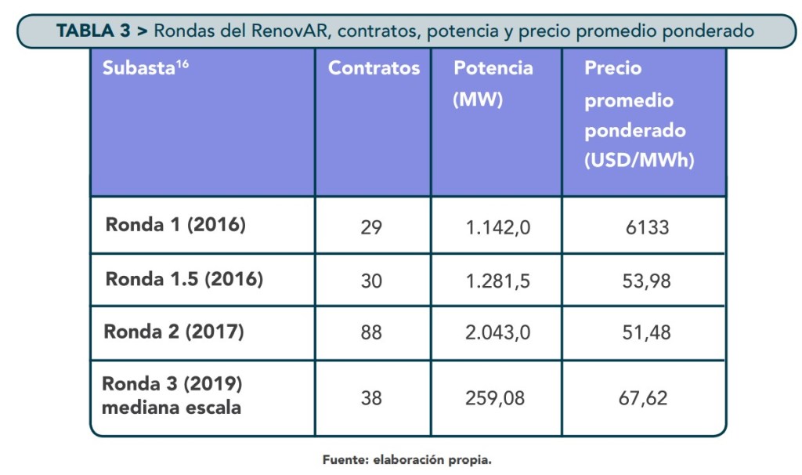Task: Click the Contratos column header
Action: click(x=374, y=68)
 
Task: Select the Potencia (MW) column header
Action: click(x=493, y=84)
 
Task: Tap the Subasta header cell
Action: click(x=145, y=68)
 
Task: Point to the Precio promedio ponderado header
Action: click(x=638, y=114)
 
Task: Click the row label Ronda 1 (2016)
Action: click(x=175, y=226)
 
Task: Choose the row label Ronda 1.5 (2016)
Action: click(x=184, y=279)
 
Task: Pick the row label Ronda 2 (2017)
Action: click(x=174, y=332)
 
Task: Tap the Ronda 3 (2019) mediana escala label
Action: click(x=172, y=397)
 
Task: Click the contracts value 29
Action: click(x=371, y=227)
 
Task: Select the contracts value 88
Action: click(x=371, y=332)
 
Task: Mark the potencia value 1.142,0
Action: click(x=498, y=227)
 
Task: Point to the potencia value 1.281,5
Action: click(x=498, y=280)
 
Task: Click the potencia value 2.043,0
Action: click(x=498, y=332)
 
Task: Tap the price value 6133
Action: click(x=647, y=227)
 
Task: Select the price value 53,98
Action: click(x=646, y=280)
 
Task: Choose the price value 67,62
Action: click(x=643, y=398)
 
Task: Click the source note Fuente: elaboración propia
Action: click(x=406, y=460)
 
